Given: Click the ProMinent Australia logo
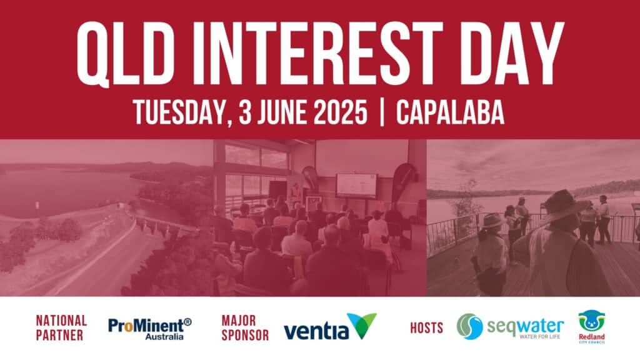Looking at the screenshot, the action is point(150,329).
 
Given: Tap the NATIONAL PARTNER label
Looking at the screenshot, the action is point(61,327).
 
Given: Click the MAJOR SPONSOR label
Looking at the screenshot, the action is point(245,327).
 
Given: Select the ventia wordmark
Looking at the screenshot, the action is point(316,331).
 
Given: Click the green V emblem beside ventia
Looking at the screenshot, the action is point(362,324).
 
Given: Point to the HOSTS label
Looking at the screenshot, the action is point(426,327).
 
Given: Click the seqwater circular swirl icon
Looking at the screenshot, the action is point(470,326).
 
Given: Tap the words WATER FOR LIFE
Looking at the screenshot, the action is point(539,337).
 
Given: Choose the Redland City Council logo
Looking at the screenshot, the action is point(592,327).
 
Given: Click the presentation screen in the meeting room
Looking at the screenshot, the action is point(356,185).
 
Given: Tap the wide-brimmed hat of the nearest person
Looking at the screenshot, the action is point(562,205).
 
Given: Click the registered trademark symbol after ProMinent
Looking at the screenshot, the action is point(187,322).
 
